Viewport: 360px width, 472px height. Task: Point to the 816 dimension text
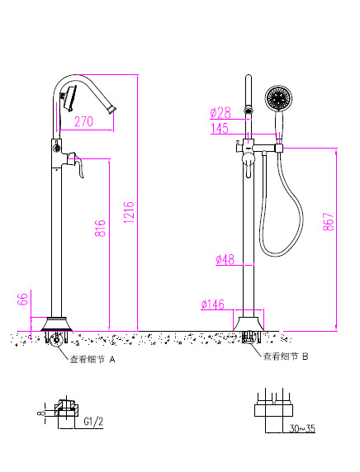(101, 229)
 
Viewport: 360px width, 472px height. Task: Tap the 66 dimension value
(24, 299)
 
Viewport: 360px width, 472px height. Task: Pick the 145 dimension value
(220, 128)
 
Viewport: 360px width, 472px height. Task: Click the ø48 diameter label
(225, 259)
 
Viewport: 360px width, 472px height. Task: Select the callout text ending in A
(92, 360)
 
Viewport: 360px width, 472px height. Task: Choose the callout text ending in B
(285, 356)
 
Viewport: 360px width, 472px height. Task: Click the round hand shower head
(278, 101)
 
